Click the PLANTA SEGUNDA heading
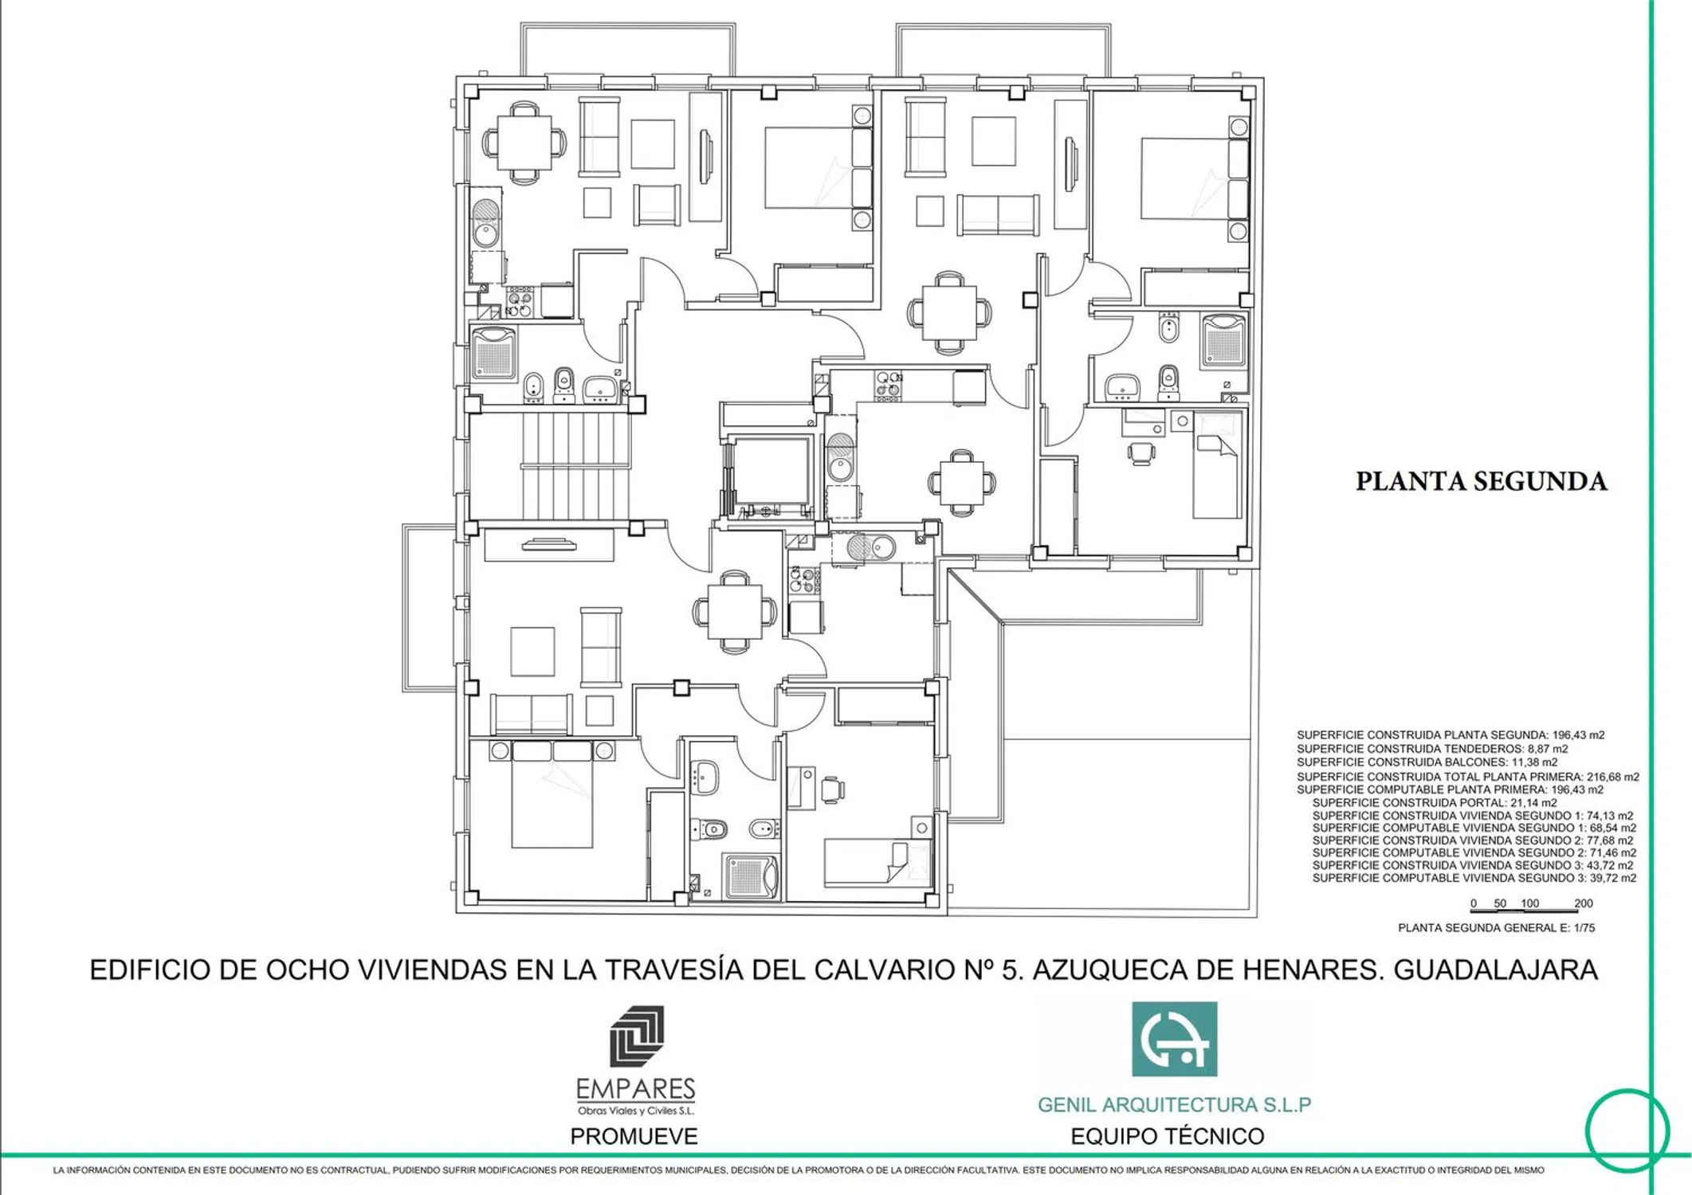1482,482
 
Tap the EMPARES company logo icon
636,1036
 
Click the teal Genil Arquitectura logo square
1174,1039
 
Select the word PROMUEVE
634,1137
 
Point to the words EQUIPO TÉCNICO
1168,1137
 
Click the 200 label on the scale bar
1583,903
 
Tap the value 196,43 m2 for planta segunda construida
1578,735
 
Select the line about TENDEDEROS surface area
1432,749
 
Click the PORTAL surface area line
1435,803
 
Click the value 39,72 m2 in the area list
1610,878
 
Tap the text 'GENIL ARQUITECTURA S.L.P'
1174,1105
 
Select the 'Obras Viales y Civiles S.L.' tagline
636,1111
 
